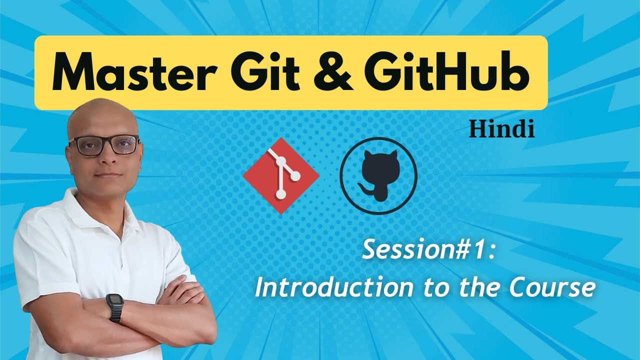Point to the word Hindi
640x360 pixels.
pos(502,129)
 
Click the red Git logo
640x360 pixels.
pos(281,175)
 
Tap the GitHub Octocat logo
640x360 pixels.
pos(378,175)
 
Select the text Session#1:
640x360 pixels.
pos(429,249)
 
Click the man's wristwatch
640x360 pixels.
pos(114,307)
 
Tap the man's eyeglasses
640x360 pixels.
pos(103,145)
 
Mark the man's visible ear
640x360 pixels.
pos(69,154)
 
